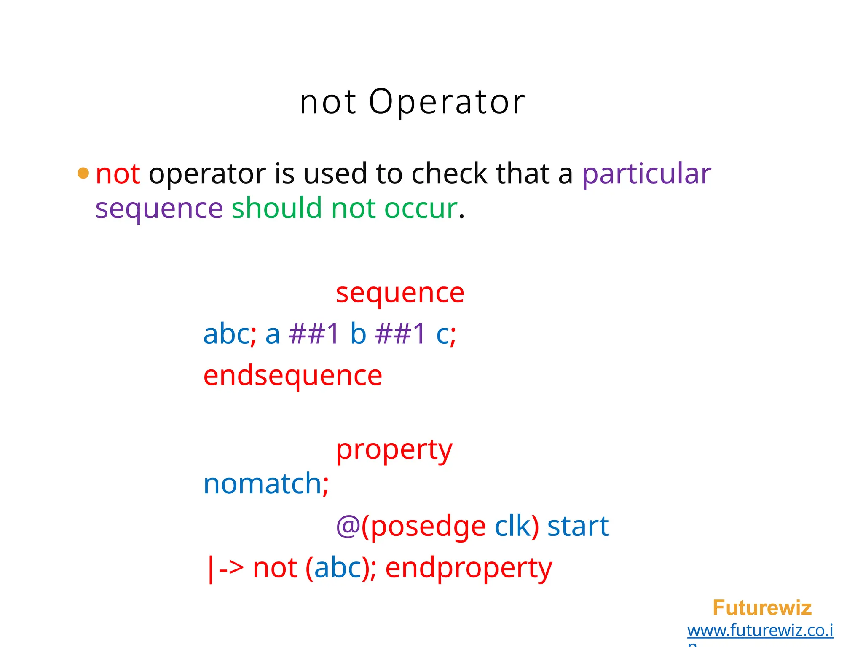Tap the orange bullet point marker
pyautogui.click(x=83, y=173)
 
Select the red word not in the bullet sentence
pyautogui.click(x=118, y=174)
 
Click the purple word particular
pyautogui.click(x=646, y=174)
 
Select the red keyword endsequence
pyautogui.click(x=292, y=375)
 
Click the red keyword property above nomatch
pyautogui.click(x=394, y=450)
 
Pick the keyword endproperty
pyautogui.click(x=469, y=568)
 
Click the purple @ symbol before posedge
pyautogui.click(x=347, y=527)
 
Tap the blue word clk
pyautogui.click(x=512, y=526)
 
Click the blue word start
pyautogui.click(x=578, y=526)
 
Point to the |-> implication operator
pyautogui.click(x=225, y=568)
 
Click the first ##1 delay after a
pyautogui.click(x=314, y=334)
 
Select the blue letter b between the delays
pyautogui.click(x=358, y=334)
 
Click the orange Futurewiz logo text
pyautogui.click(x=762, y=608)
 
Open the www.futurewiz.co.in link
pyautogui.click(x=760, y=631)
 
